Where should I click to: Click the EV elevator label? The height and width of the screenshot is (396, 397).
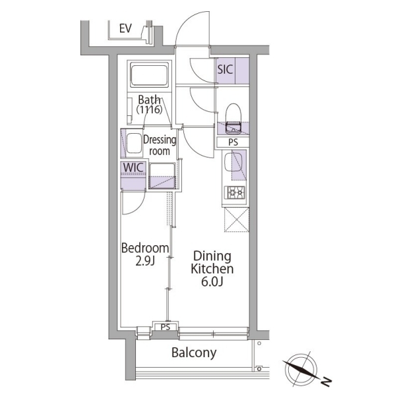point(126,28)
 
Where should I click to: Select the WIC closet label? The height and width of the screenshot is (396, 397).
point(133,167)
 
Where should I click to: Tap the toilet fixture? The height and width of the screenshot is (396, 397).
point(233,117)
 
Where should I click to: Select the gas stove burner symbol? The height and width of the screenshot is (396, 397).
point(233,192)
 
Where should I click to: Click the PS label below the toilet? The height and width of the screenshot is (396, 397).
point(233,142)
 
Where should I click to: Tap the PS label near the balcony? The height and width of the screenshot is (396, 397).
point(166,327)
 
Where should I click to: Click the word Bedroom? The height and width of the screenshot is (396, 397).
point(145,248)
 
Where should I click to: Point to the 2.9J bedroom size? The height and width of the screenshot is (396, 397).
point(146,262)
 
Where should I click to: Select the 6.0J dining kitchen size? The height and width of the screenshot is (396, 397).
point(213,283)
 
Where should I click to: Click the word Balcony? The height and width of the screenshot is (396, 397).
point(194,353)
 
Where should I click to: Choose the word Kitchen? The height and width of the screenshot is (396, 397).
point(212,269)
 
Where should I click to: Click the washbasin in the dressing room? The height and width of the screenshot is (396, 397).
point(135,142)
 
